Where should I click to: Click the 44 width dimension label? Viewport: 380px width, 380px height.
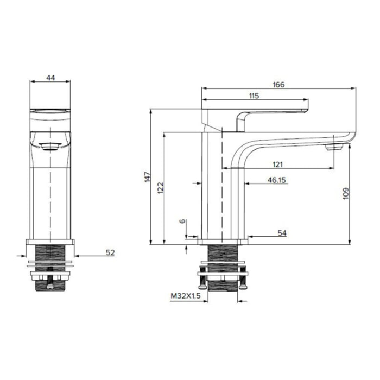click(50, 78)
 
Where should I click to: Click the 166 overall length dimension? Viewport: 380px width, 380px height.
click(278, 85)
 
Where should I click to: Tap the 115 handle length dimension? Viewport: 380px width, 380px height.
click(254, 96)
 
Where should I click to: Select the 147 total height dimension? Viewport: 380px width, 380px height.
click(147, 177)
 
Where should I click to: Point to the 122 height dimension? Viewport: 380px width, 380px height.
click(161, 188)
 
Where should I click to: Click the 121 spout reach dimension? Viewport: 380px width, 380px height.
click(278, 164)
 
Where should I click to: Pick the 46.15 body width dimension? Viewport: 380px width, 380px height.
click(277, 180)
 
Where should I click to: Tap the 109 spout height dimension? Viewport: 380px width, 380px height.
click(346, 193)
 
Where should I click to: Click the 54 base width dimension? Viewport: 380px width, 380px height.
click(282, 233)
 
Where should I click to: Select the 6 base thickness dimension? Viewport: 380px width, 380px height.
click(183, 221)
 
